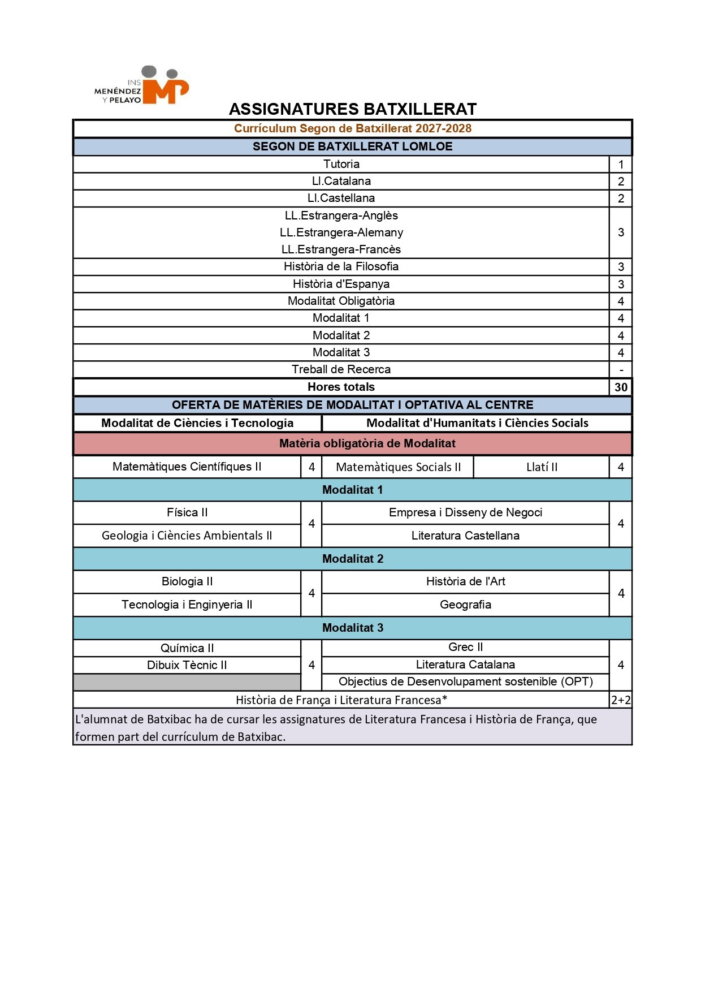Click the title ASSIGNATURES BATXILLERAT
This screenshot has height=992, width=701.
[x=353, y=109]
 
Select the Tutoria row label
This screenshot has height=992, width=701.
[x=341, y=164]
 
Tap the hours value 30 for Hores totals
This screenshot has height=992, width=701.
[x=621, y=387]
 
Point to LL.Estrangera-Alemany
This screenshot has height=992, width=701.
[x=341, y=232]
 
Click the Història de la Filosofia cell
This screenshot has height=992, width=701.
[x=341, y=266]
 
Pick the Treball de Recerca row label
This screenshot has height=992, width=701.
[x=341, y=369]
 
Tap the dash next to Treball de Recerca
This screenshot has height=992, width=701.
[x=621, y=370]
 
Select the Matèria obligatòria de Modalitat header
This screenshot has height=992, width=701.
[x=367, y=443]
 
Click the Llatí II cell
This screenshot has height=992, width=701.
[x=542, y=467]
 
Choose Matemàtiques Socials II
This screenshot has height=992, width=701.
[x=398, y=467]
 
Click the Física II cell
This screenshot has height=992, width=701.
[x=187, y=512]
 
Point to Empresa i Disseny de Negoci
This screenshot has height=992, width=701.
[x=465, y=512]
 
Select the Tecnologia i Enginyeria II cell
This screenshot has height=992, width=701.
[x=187, y=605]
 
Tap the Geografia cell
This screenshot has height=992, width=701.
[x=465, y=605]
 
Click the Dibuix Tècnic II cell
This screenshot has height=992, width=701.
[x=187, y=665]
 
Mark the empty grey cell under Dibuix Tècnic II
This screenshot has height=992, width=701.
[x=187, y=682]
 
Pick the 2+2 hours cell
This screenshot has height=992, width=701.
[x=621, y=700]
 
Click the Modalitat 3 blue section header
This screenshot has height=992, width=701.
[x=352, y=628]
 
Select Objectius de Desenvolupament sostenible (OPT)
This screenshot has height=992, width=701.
[x=465, y=682]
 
